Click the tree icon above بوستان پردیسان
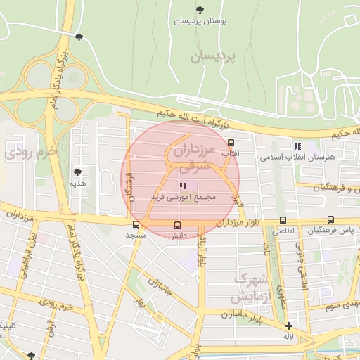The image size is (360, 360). [x=200, y=10]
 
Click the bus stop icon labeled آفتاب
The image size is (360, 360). [x=231, y=143]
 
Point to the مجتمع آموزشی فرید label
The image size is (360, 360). [x=182, y=198]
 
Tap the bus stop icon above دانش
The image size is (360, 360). [x=176, y=226]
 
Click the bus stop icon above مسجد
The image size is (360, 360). [x=136, y=226]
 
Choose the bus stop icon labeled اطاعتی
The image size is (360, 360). [x=283, y=220]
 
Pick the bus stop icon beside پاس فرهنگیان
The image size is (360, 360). [x=331, y=220]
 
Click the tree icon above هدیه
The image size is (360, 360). [x=77, y=172]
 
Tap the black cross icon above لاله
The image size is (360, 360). [x=288, y=326]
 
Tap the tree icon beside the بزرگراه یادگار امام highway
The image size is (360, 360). [x=78, y=37]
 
